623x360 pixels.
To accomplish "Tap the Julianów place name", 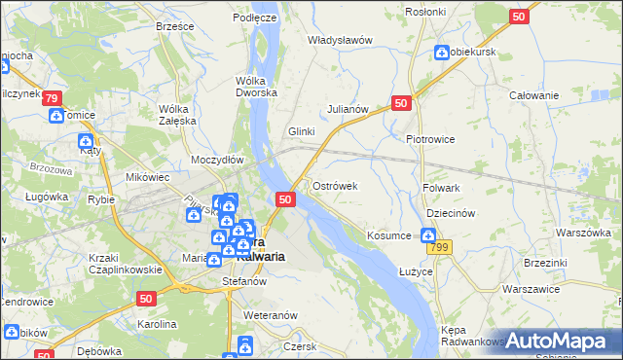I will [x=348, y=110].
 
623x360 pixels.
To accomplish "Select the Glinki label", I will [x=302, y=131].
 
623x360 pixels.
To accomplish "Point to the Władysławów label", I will [x=341, y=40].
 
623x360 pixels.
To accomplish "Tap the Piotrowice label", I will [x=430, y=139].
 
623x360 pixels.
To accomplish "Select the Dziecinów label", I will [x=450, y=213].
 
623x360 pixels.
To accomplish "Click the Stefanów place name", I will [x=244, y=281].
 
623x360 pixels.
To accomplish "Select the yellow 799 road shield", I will [x=441, y=248].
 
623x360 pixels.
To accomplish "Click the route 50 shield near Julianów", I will [x=402, y=102].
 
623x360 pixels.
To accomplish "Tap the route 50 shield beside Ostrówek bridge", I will [x=285, y=199].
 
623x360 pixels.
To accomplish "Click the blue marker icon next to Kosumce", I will [x=427, y=234].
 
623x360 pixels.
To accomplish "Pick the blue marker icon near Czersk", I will [x=245, y=344].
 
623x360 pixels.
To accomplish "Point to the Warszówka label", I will [x=582, y=234].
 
